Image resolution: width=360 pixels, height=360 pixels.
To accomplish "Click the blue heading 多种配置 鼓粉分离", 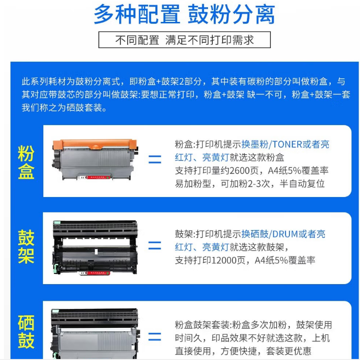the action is tap(184, 14).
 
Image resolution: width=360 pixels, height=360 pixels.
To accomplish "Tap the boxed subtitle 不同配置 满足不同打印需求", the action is tap(184, 40).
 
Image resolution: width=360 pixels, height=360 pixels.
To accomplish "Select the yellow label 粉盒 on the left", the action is tap(26, 162).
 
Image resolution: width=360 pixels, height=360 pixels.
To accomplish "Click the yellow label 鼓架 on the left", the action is tap(26, 247).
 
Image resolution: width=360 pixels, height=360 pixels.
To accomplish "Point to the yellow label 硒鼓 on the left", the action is tap(26, 332).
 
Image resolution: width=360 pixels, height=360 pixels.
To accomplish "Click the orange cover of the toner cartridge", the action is tap(95, 144).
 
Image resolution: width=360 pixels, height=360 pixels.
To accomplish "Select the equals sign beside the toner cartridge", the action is tap(155, 160).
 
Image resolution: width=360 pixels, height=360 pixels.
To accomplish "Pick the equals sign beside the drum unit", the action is tap(155, 246).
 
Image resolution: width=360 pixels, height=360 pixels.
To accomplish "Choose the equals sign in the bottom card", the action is tap(155, 337).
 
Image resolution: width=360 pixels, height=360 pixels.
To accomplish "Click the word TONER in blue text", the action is tap(287, 144).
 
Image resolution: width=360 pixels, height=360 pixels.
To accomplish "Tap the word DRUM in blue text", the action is tap(285, 234).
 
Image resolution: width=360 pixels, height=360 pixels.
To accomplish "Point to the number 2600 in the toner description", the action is tap(240, 171).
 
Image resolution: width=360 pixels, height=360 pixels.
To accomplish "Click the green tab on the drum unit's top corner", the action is tap(57, 222).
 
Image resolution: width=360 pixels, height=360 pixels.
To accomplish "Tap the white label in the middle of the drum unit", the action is tap(96, 252).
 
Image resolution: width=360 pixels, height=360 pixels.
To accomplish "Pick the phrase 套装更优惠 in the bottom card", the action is tap(289, 351).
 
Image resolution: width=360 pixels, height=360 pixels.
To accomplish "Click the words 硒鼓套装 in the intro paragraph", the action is tap(84, 108).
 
